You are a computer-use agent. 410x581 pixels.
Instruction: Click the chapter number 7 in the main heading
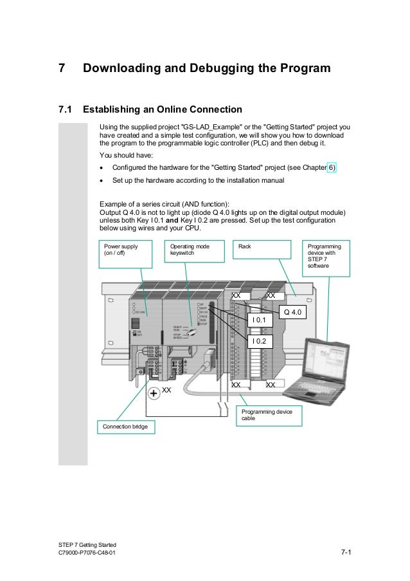point(62,68)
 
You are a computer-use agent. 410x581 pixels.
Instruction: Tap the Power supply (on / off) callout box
point(125,254)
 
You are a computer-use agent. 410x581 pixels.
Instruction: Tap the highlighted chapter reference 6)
point(331,168)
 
